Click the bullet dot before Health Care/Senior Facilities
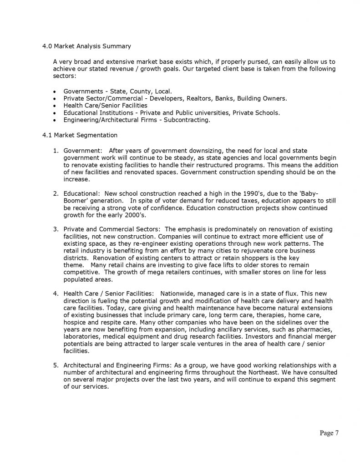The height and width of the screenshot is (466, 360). (x=55, y=106)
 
